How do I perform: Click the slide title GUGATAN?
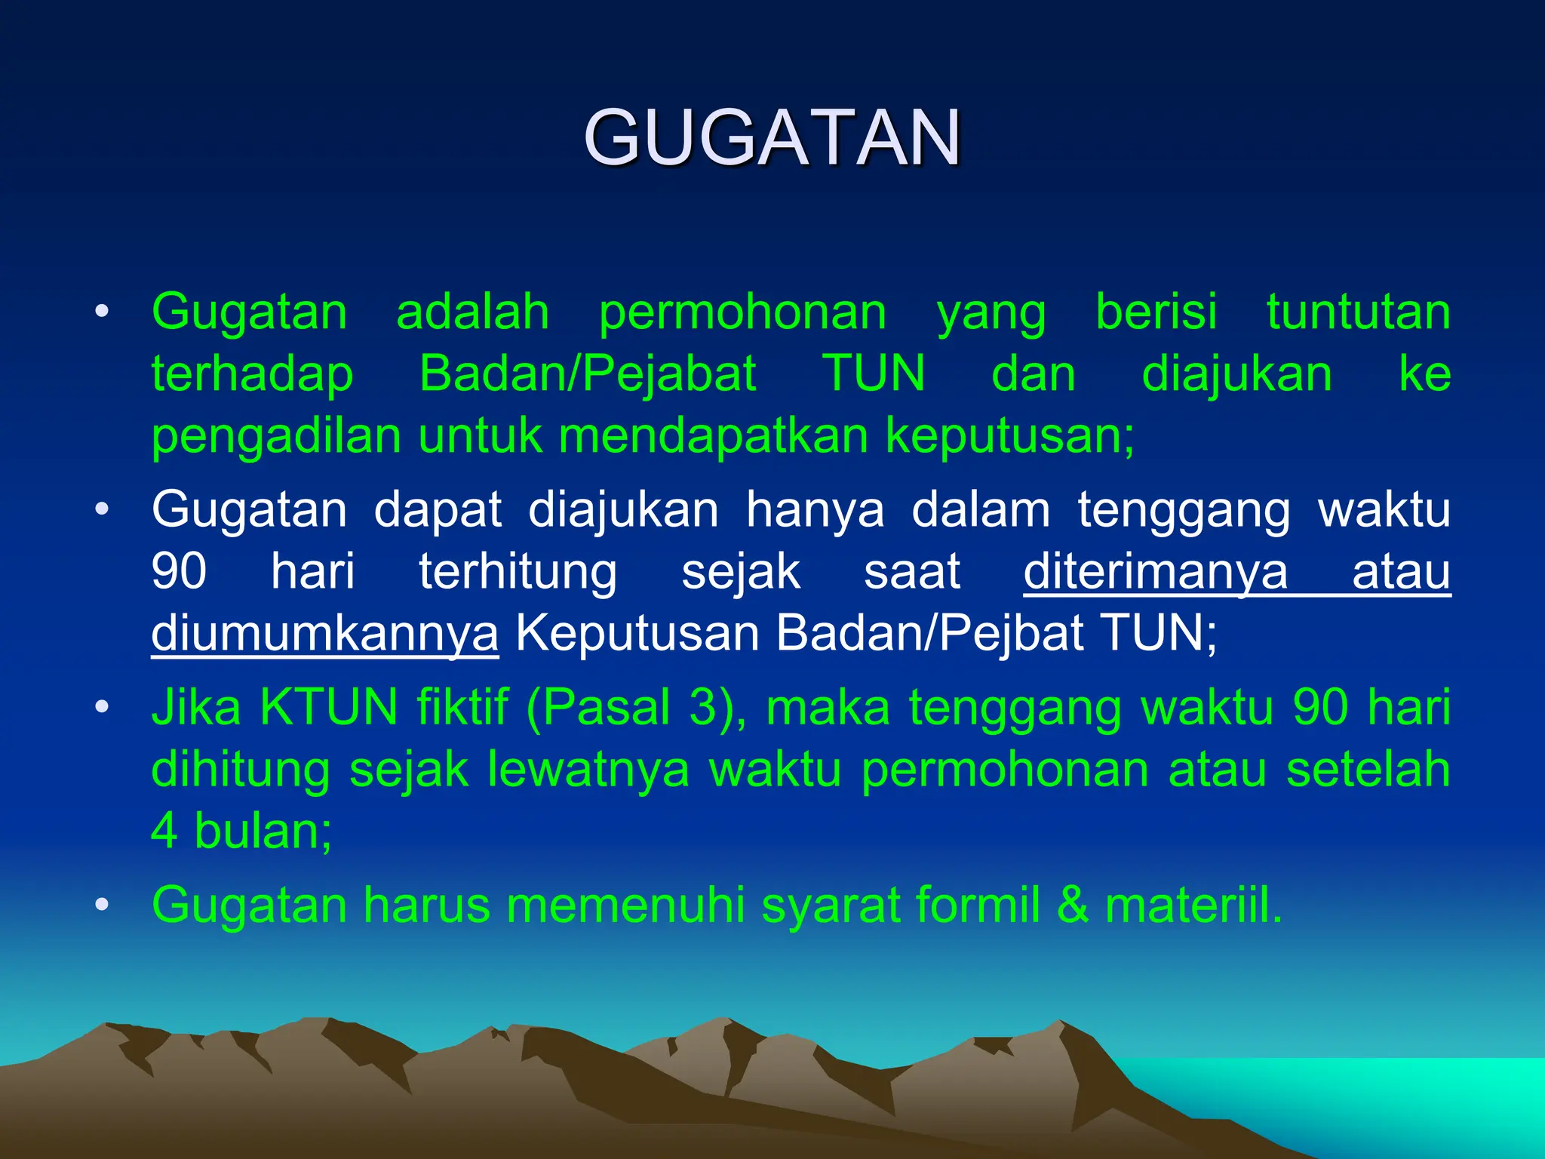point(772,138)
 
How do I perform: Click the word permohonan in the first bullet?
point(742,312)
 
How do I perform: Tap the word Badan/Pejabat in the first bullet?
point(588,374)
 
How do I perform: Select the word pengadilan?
point(276,437)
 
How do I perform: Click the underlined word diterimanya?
point(1155,572)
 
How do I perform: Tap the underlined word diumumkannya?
point(324,634)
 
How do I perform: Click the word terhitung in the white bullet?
point(518,572)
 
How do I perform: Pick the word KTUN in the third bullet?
point(328,708)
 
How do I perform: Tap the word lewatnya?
point(588,770)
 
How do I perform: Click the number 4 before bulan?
point(164,832)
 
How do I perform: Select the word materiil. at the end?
point(1193,905)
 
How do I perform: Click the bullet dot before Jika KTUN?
point(102,708)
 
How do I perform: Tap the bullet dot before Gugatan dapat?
point(102,510)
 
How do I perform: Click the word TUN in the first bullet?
point(874,374)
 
